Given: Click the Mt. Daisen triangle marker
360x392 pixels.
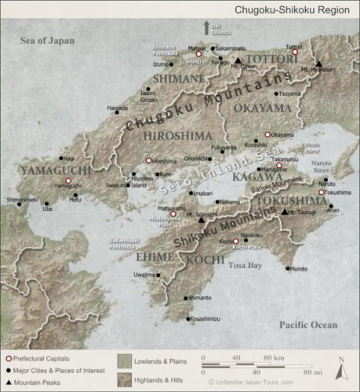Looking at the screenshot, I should coord(238,60).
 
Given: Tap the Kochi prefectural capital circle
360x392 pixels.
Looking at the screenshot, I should coord(235,241).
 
